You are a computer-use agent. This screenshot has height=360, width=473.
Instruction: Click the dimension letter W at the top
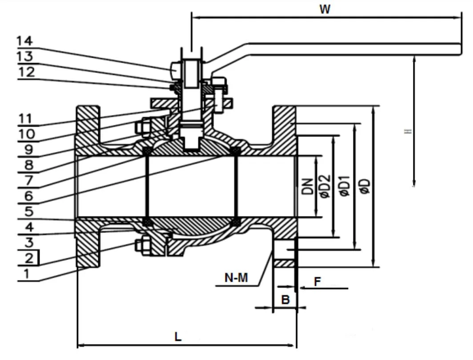(x=325, y=10)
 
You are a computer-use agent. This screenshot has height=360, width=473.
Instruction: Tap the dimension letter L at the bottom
(x=178, y=336)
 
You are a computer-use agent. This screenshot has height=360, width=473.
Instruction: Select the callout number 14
(x=25, y=41)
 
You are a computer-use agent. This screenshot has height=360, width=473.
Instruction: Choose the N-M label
(x=236, y=279)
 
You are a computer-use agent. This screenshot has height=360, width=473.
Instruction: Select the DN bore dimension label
(x=307, y=187)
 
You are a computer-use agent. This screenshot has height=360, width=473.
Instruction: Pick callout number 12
(x=26, y=72)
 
